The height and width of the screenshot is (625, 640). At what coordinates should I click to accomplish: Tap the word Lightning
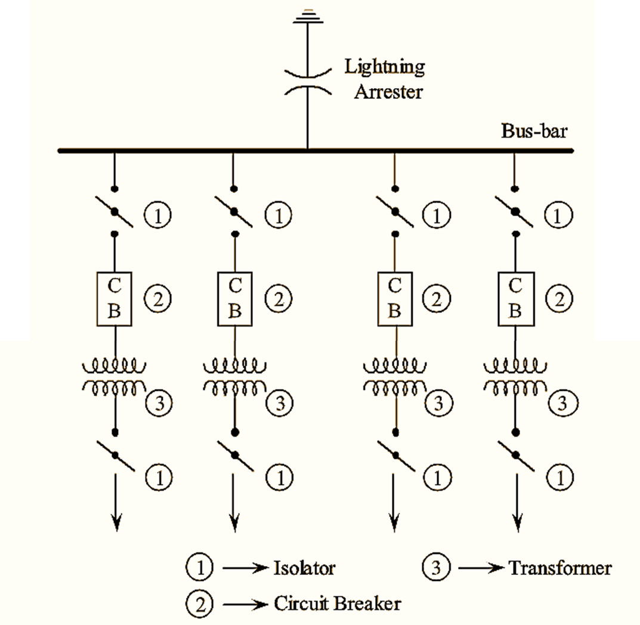click(x=385, y=66)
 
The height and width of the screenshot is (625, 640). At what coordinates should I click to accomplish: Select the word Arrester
click(x=388, y=92)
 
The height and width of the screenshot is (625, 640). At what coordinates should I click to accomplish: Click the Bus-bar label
click(x=534, y=130)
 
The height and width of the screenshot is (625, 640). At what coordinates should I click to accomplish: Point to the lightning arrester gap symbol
click(x=307, y=81)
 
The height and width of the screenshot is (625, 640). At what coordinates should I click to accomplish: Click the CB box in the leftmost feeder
click(x=115, y=299)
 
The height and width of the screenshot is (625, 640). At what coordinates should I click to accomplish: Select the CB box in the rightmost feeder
click(x=515, y=299)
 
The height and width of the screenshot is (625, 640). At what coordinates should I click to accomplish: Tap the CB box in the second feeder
click(x=235, y=299)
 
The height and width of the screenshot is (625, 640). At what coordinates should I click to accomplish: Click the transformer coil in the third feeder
click(x=394, y=376)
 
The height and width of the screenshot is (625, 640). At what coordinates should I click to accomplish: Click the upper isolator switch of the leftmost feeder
click(x=115, y=212)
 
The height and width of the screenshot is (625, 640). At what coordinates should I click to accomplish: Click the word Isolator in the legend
click(x=304, y=568)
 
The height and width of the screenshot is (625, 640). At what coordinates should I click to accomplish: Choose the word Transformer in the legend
click(x=560, y=568)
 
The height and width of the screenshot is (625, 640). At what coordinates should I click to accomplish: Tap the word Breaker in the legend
click(x=367, y=604)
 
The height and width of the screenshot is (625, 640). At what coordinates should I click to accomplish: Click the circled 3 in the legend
click(x=436, y=568)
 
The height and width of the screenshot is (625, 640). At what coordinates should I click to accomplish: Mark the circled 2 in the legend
click(x=200, y=605)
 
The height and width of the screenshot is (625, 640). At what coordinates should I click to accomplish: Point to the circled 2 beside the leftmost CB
click(x=158, y=298)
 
